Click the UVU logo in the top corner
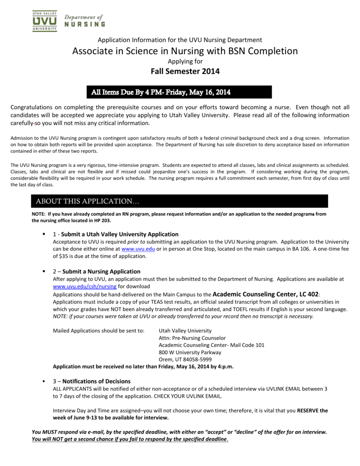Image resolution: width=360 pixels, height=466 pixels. coord(44,20)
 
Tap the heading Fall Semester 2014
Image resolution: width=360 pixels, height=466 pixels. coord(185,71)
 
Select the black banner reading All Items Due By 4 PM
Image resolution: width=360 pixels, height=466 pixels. coord(179,92)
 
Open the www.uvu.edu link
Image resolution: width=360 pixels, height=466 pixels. coord(138,249)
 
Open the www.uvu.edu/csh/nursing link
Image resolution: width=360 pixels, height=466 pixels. coord(85,286)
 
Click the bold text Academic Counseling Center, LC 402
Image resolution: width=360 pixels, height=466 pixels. coord(266,294)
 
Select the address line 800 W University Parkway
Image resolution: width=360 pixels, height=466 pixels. coord(190,352)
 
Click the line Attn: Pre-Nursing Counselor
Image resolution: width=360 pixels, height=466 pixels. coord(192,338)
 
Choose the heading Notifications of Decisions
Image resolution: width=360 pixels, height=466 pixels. coord(96,381)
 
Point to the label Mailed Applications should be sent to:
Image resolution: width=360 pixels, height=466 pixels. coord(99,330)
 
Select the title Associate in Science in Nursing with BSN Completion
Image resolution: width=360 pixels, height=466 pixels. coord(185,51)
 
